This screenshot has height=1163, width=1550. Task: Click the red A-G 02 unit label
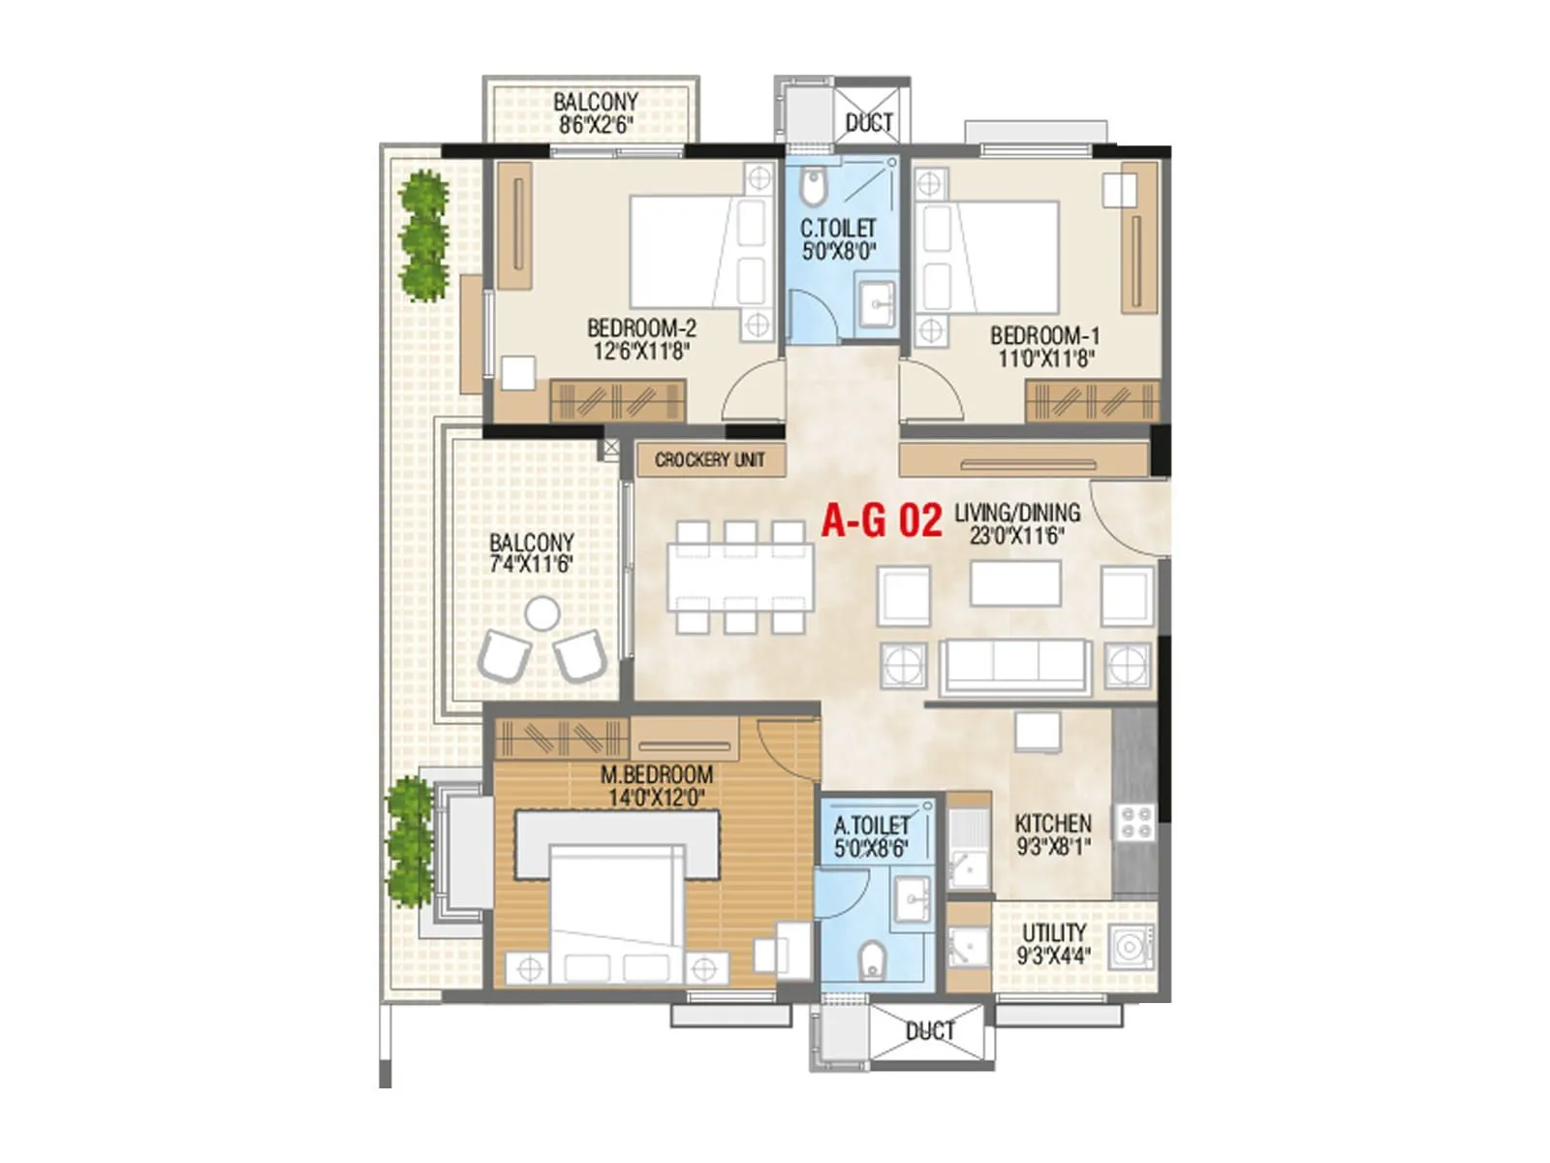(x=881, y=520)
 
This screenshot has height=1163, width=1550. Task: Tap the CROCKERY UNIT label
(x=709, y=459)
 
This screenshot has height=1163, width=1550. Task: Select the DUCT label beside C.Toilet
(x=869, y=123)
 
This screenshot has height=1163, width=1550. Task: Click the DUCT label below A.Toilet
(x=929, y=1031)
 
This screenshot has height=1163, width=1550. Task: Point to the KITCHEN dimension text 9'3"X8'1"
(x=1053, y=846)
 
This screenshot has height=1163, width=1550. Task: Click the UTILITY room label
(x=1054, y=932)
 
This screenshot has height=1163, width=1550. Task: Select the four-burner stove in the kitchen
(x=1134, y=823)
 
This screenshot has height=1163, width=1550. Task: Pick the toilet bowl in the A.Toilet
(x=872, y=959)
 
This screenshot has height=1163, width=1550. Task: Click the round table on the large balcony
(x=542, y=613)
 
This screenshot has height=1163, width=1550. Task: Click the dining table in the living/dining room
(x=740, y=576)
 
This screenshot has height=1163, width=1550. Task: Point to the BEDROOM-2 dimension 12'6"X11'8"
(x=640, y=351)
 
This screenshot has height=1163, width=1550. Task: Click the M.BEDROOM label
(x=656, y=774)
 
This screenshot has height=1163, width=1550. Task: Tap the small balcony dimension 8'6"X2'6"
(x=595, y=124)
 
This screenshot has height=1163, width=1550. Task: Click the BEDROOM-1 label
(x=1044, y=336)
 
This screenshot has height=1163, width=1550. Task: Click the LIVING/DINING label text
(x=1016, y=513)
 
